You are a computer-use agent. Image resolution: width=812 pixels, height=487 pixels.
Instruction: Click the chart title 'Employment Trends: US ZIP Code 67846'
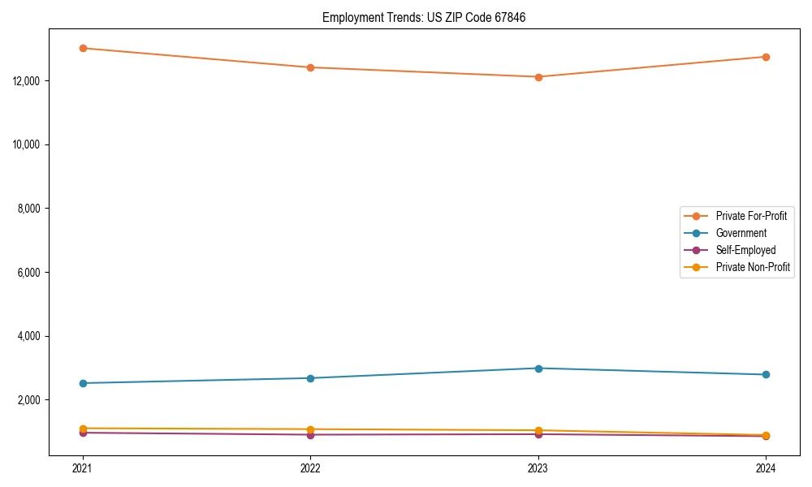[424, 17]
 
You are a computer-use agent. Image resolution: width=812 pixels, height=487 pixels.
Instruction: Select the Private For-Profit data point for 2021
[83, 48]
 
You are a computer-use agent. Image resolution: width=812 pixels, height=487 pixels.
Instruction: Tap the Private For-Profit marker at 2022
[310, 67]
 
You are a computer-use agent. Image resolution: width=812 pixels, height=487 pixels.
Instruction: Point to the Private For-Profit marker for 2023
[538, 77]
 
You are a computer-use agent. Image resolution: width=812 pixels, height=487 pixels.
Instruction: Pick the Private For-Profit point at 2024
[766, 57]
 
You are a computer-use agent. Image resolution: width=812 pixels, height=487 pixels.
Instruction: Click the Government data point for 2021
[83, 383]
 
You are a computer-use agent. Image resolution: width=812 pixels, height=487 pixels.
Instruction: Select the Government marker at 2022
[310, 378]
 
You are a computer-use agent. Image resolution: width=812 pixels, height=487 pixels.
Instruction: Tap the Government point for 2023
[538, 368]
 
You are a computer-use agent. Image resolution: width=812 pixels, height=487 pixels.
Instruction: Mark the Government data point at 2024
[766, 374]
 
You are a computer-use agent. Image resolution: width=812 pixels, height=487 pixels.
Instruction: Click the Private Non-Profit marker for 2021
[83, 428]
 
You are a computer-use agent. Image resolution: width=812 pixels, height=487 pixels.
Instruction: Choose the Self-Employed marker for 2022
[310, 435]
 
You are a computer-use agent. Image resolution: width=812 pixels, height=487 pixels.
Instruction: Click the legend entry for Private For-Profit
[750, 216]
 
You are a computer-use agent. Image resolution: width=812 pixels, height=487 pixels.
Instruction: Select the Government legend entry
[741, 233]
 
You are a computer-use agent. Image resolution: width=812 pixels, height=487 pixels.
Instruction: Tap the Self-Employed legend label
[745, 250]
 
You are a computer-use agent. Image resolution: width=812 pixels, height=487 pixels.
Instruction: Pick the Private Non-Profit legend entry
[753, 267]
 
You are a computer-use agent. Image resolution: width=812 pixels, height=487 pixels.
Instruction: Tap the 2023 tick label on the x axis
[538, 468]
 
